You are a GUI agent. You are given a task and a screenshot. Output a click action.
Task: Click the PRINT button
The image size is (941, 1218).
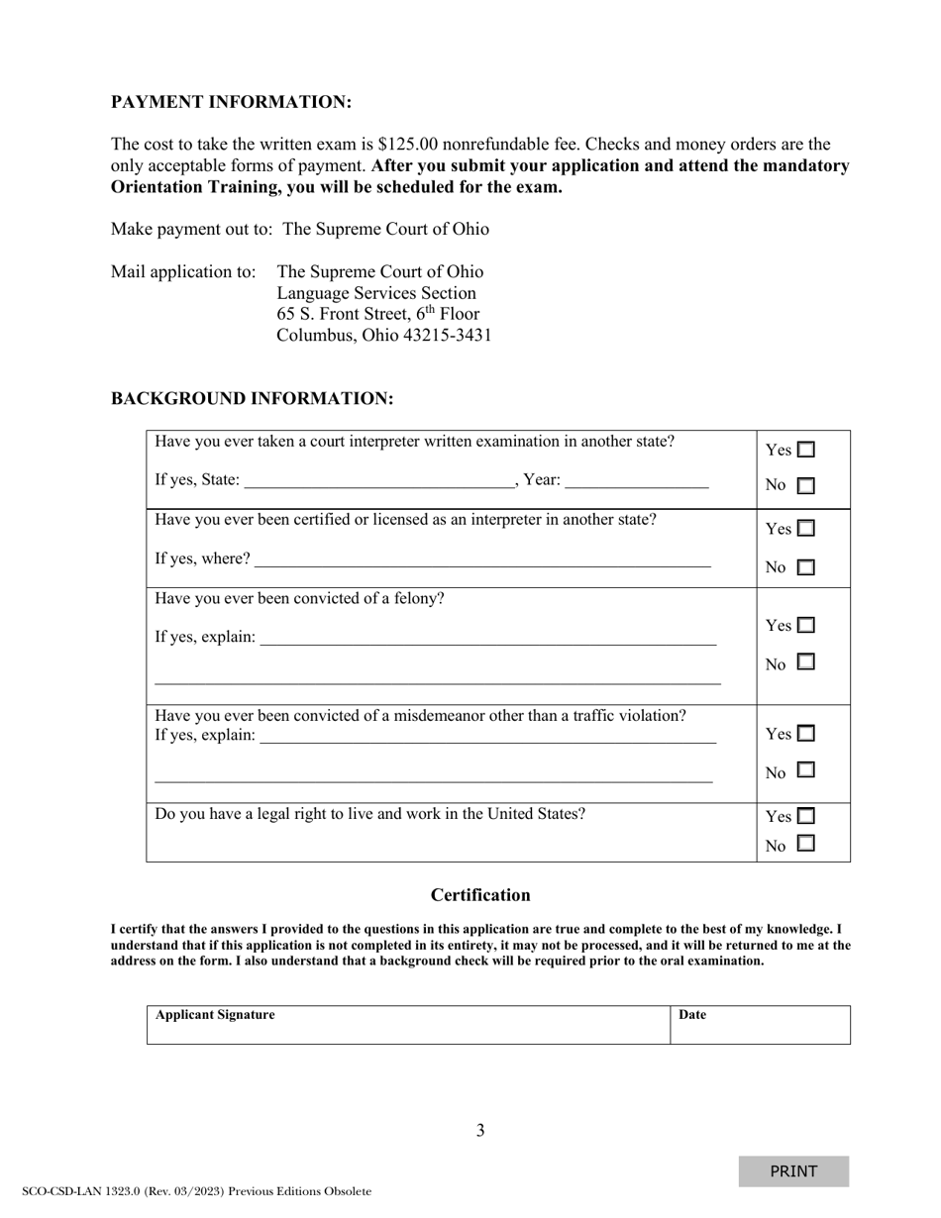point(793,1171)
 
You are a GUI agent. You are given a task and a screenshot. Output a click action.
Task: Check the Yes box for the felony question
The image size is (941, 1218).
point(806,626)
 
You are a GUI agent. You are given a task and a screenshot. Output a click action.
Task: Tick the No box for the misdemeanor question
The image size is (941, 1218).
point(806,769)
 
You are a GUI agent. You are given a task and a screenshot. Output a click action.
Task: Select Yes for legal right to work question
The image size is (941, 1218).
point(806,817)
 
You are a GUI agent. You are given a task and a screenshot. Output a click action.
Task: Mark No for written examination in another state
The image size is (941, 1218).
point(806,486)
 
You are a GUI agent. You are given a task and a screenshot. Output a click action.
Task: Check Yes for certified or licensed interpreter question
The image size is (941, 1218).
point(806,529)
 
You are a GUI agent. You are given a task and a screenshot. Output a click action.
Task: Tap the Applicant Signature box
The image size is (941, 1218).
point(408,1026)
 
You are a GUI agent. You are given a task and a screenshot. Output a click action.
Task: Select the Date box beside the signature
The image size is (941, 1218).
point(760,1026)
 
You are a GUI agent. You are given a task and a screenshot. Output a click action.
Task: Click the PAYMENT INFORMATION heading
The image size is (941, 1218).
point(231,103)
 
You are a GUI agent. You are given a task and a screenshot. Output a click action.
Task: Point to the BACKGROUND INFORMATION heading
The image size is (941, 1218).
point(252,399)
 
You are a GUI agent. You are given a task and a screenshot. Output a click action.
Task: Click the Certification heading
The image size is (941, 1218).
point(480,895)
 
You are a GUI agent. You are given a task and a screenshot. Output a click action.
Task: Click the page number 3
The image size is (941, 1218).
point(480,1131)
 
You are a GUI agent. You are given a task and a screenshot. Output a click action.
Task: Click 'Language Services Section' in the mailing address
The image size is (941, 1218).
point(376,293)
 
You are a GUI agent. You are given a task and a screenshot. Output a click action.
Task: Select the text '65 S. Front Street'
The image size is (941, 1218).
point(343,315)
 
